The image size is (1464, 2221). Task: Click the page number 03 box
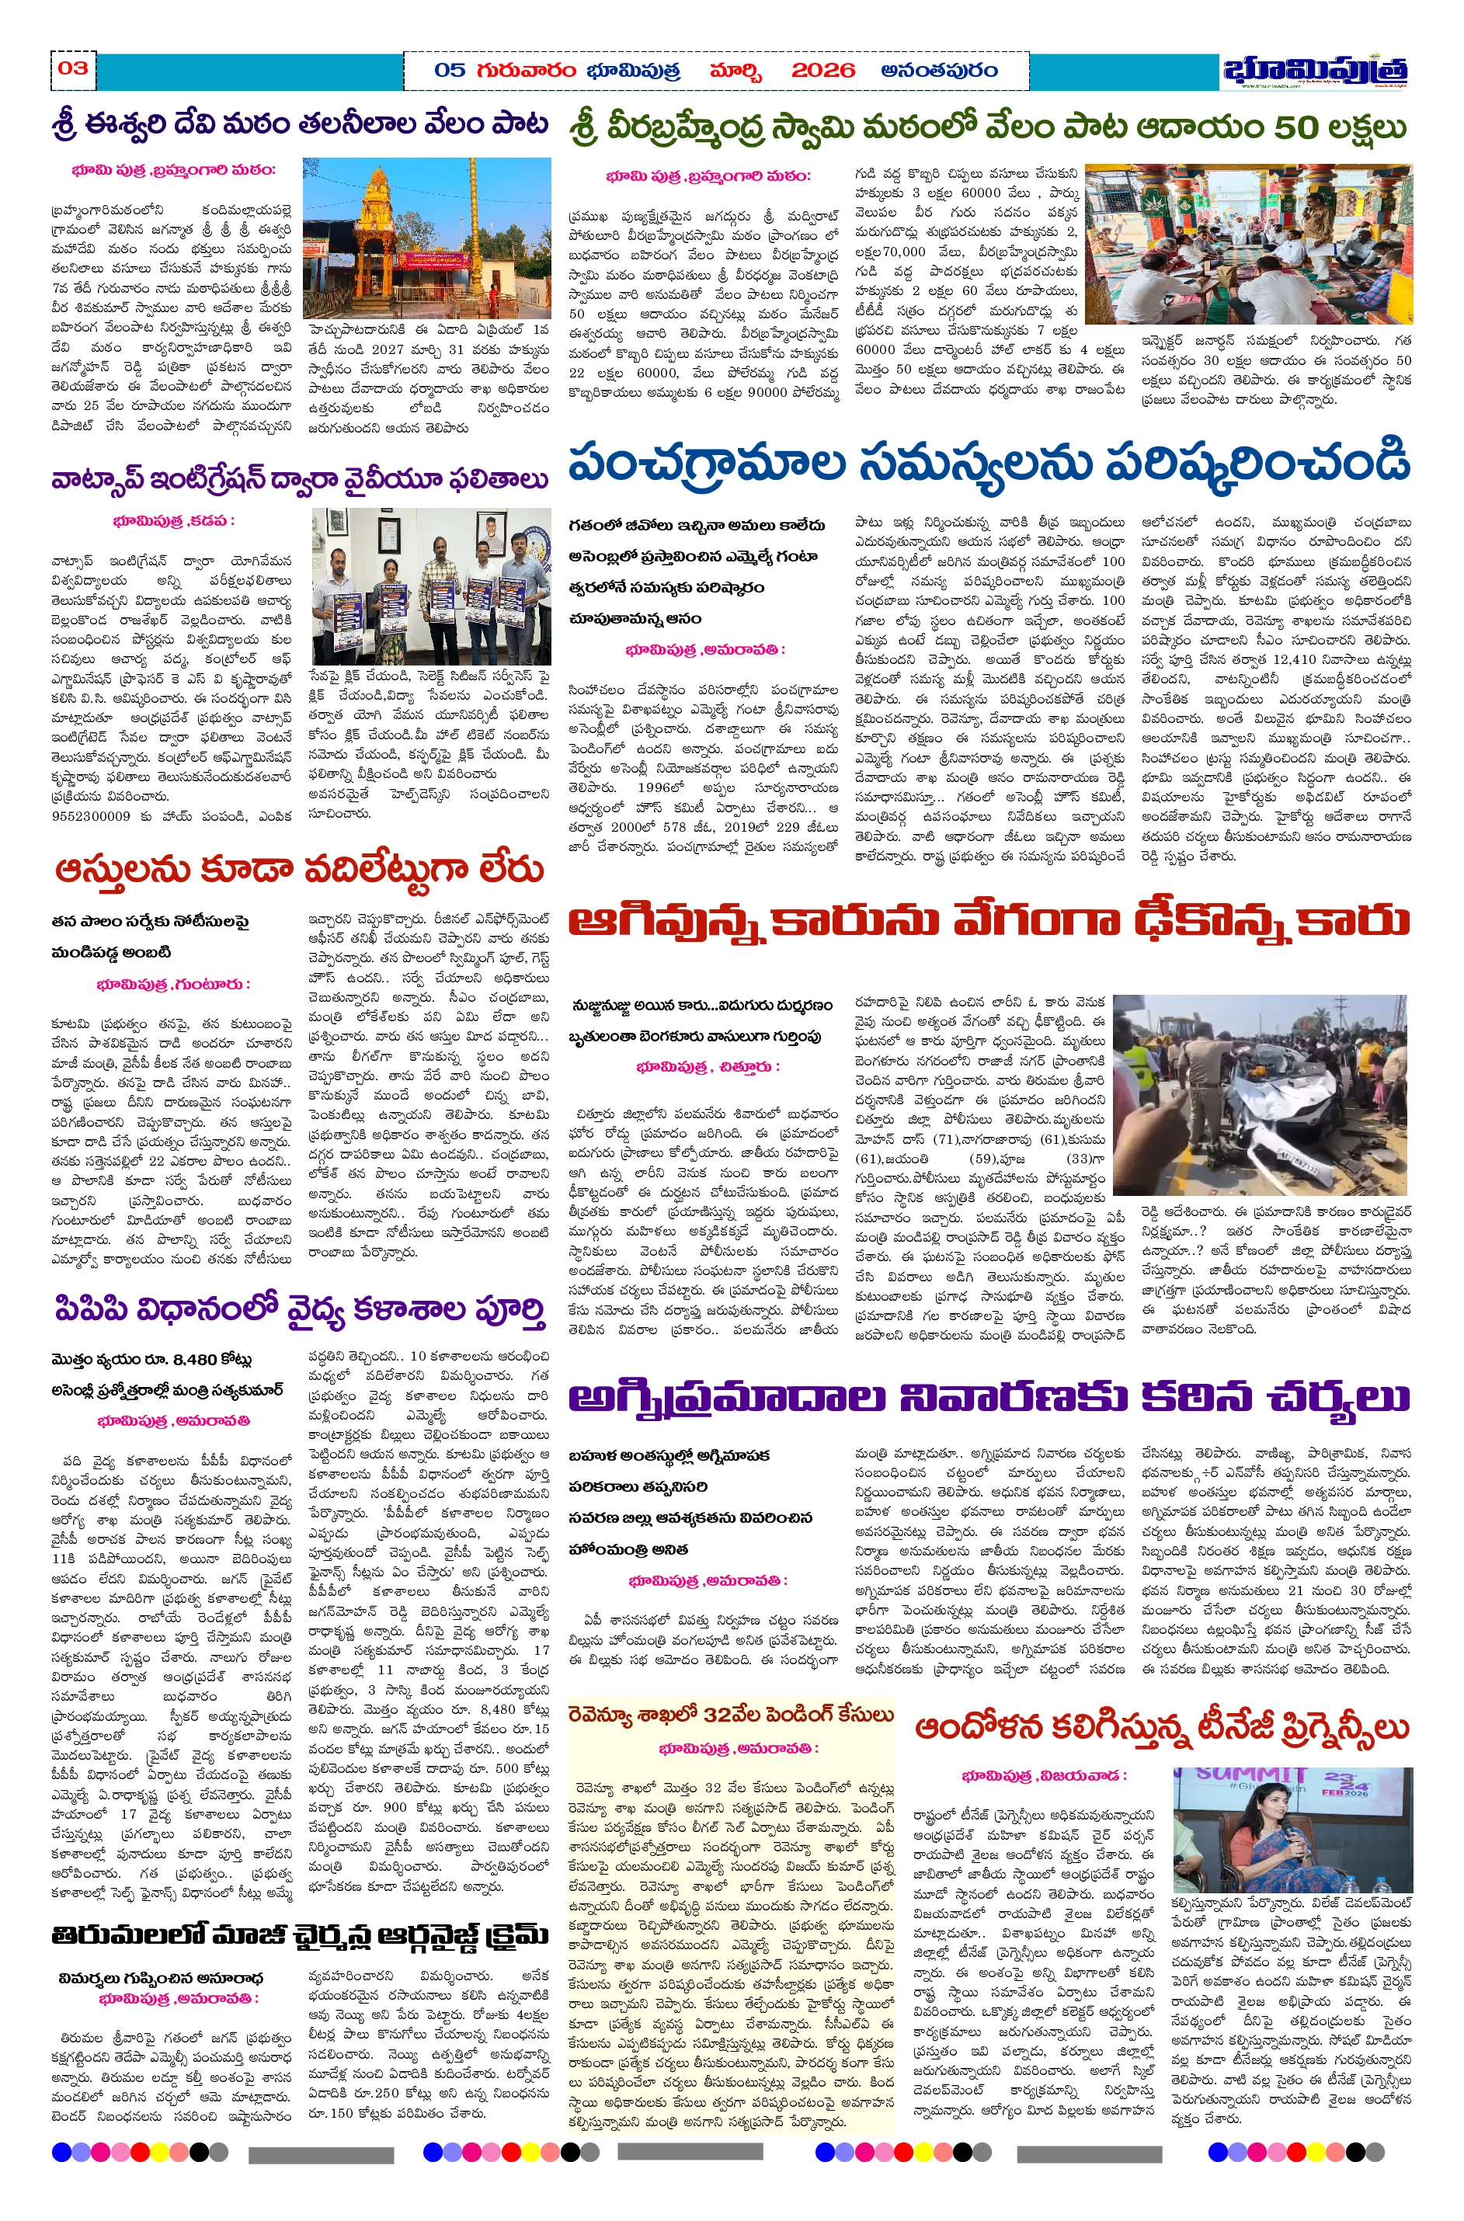[73, 68]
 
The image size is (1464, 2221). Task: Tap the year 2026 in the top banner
[822, 70]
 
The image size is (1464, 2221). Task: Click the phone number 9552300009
[91, 816]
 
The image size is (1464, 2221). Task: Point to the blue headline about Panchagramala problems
[989, 464]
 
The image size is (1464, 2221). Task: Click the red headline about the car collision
[989, 923]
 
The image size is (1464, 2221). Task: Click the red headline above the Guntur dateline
[299, 869]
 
